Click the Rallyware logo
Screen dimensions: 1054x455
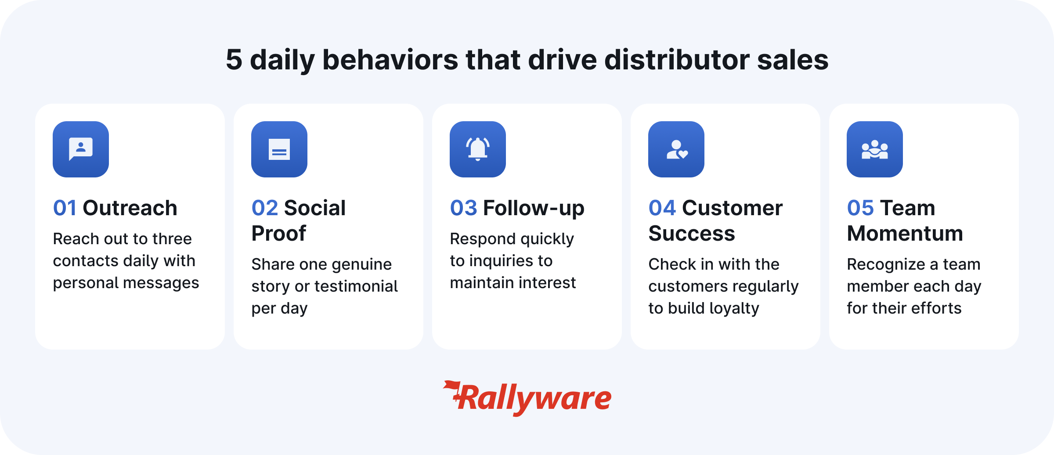pos(527,398)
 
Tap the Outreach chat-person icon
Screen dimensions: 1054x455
pos(81,149)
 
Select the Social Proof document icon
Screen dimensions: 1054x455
pos(279,149)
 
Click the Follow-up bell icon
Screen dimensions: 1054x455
pos(478,149)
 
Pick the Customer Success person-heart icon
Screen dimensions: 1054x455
pos(677,150)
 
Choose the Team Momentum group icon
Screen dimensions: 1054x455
pos(875,150)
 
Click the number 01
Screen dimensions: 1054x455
pos(65,208)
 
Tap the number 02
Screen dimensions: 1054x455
pos(265,208)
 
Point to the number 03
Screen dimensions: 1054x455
pos(463,208)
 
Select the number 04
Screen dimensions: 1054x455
pos(662,208)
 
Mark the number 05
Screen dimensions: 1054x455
pos(860,208)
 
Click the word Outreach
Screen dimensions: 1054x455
pos(130,208)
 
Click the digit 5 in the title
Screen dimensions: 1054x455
pos(234,60)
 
